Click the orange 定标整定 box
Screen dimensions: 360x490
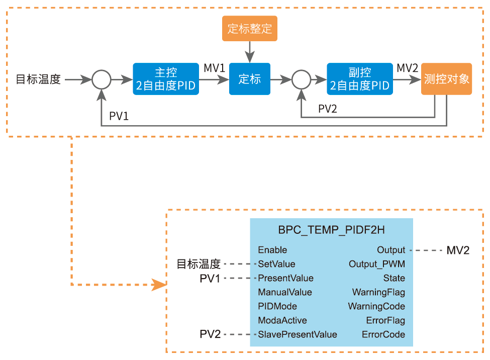pyautogui.click(x=250, y=29)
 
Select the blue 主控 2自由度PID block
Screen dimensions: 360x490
pyautogui.click(x=165, y=79)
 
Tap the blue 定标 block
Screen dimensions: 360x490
pyautogui.click(x=250, y=79)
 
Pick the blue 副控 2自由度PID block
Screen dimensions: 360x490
pyautogui.click(x=359, y=79)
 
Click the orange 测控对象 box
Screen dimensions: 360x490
pyautogui.click(x=446, y=79)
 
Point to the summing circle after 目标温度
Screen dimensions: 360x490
pyautogui.click(x=101, y=79)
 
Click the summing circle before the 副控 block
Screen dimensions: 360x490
pyautogui.click(x=301, y=79)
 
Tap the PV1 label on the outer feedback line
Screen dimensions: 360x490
pyautogui.click(x=119, y=116)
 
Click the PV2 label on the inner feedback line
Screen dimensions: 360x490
pyautogui.click(x=328, y=109)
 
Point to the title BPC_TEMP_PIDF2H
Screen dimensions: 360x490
pyautogui.click(x=332, y=230)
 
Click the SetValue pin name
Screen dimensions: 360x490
pyautogui.click(x=276, y=264)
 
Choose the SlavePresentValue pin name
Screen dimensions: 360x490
pyautogui.click(x=298, y=334)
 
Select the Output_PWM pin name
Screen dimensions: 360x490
pyautogui.click(x=377, y=264)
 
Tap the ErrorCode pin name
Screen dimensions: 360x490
pyautogui.click(x=383, y=334)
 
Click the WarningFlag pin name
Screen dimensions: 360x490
pyautogui.click(x=378, y=292)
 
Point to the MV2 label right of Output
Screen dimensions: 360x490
pyautogui.click(x=458, y=250)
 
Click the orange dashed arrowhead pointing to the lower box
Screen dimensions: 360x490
pyautogui.click(x=160, y=285)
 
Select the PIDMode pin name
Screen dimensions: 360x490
pyautogui.click(x=277, y=306)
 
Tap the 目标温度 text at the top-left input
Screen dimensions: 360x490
pyautogui.click(x=38, y=79)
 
